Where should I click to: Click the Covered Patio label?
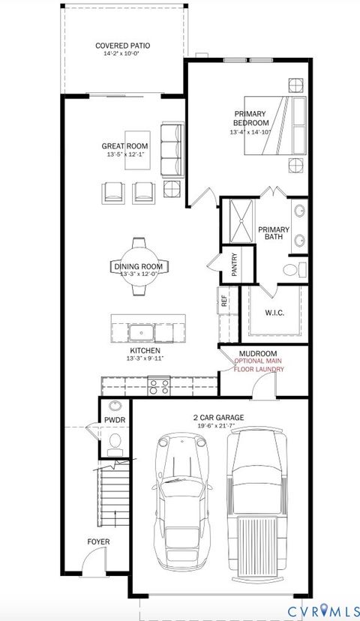pos(124,46)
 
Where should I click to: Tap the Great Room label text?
pos(125,145)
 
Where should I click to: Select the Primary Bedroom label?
pos(250,118)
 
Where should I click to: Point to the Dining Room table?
pos(140,268)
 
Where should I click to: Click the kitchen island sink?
pos(141,331)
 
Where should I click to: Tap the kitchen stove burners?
pos(158,386)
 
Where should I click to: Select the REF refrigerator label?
pos(223,302)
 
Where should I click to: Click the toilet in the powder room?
pos(115,448)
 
